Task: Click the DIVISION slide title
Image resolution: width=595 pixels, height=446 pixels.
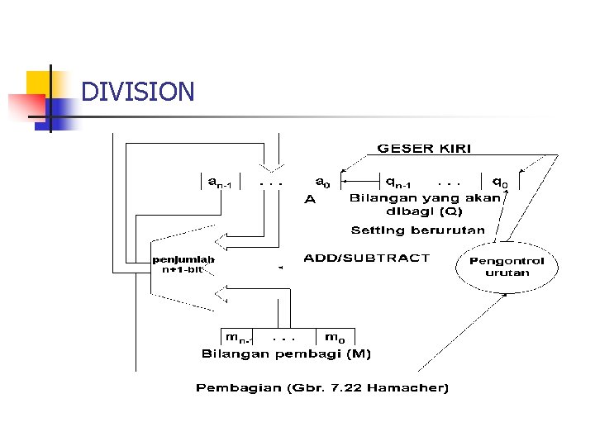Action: click(138, 92)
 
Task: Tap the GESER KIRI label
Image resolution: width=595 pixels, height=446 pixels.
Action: click(424, 149)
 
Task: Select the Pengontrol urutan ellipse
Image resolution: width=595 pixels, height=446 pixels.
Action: click(507, 266)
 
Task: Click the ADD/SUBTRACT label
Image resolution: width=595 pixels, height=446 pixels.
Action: click(367, 258)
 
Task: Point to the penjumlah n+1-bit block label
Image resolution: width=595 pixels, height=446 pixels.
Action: click(183, 264)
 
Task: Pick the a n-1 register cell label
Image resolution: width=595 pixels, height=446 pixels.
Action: click(220, 181)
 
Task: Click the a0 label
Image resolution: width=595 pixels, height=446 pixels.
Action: click(322, 180)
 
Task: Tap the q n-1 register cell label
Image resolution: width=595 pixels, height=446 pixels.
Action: click(402, 181)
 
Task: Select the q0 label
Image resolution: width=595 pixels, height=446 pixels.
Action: click(500, 181)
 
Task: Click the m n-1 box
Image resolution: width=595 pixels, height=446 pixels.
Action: click(240, 337)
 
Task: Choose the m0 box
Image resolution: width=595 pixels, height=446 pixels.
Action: click(335, 337)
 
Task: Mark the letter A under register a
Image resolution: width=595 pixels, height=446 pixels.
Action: click(310, 199)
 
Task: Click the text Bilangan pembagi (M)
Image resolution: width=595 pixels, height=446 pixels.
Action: click(287, 354)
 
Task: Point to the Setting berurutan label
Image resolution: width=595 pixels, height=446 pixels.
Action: click(417, 230)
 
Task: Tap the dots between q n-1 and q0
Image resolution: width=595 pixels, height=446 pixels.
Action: click(450, 181)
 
